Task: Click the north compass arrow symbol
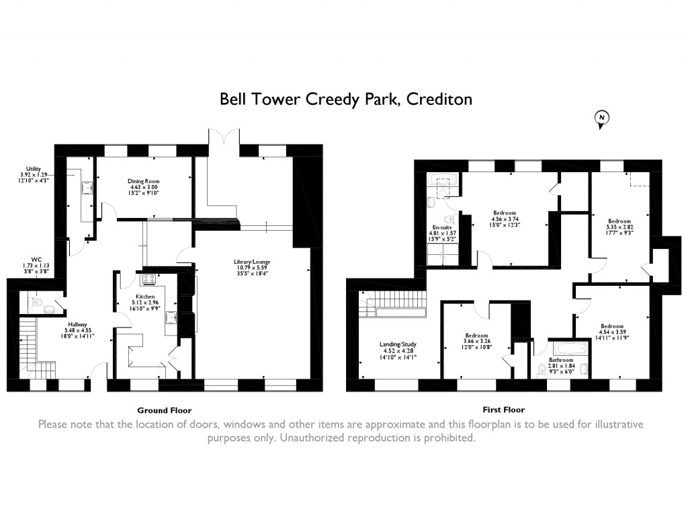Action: pyautogui.click(x=601, y=118)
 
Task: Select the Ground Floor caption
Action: pyautogui.click(x=165, y=410)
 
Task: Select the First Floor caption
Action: pyautogui.click(x=503, y=409)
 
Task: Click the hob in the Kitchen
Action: pyautogui.click(x=148, y=279)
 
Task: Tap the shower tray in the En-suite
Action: pyautogui.click(x=442, y=255)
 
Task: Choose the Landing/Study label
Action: pyautogui.click(x=398, y=344)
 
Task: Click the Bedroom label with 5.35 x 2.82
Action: pyautogui.click(x=619, y=221)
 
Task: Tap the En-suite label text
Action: pyautogui.click(x=441, y=227)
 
